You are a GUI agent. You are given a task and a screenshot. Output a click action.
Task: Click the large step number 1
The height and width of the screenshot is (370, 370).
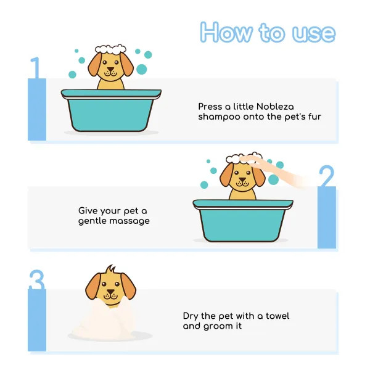(36, 67)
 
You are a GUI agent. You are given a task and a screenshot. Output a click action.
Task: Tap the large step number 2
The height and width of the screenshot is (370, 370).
(327, 176)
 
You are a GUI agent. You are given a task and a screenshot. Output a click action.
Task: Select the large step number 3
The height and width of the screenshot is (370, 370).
(37, 280)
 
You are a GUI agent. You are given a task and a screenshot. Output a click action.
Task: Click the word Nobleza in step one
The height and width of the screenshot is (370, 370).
(275, 107)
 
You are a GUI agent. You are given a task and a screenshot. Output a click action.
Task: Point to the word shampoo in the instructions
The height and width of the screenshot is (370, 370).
(219, 117)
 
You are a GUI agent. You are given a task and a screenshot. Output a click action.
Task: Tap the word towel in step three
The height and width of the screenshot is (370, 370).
(277, 316)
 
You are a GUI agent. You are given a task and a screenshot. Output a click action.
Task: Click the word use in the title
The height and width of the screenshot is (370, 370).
(314, 33)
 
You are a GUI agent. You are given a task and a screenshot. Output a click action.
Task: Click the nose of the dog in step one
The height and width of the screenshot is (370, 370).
(110, 69)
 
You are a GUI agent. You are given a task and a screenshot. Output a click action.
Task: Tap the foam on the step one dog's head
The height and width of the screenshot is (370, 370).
(110, 49)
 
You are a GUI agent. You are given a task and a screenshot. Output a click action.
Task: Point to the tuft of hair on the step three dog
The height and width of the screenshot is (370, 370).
(110, 269)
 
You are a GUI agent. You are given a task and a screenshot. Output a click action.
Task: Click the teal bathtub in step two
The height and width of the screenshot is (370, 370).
(243, 220)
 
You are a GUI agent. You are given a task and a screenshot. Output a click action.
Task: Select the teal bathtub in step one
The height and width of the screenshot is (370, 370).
(111, 110)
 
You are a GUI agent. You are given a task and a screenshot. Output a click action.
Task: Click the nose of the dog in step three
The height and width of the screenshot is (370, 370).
(110, 292)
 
